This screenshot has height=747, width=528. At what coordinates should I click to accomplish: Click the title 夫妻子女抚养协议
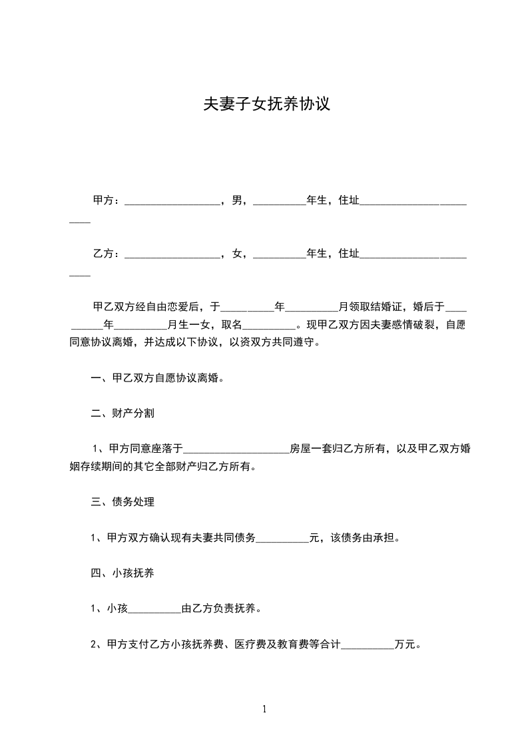click(266, 105)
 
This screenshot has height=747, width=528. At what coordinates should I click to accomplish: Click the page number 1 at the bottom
click(264, 709)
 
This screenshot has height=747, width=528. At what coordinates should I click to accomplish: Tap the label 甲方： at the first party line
click(107, 200)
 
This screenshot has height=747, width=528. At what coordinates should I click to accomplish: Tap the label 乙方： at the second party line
click(107, 253)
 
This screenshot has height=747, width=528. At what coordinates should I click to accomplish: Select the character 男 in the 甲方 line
click(237, 200)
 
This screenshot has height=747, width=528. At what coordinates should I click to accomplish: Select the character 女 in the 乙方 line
click(237, 253)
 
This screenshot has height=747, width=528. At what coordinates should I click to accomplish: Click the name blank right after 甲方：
click(172, 201)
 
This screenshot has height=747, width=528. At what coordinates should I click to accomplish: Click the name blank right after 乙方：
click(172, 254)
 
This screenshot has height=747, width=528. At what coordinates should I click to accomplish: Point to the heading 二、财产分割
click(123, 413)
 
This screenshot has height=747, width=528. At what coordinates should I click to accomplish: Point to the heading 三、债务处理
click(123, 502)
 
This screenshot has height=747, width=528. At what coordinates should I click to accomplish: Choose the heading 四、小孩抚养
click(123, 573)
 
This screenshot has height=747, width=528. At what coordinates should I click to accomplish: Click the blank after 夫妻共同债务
click(283, 538)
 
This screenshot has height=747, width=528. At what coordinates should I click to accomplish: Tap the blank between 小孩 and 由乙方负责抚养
click(154, 609)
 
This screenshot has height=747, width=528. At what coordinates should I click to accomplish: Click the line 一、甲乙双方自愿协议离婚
click(157, 378)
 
